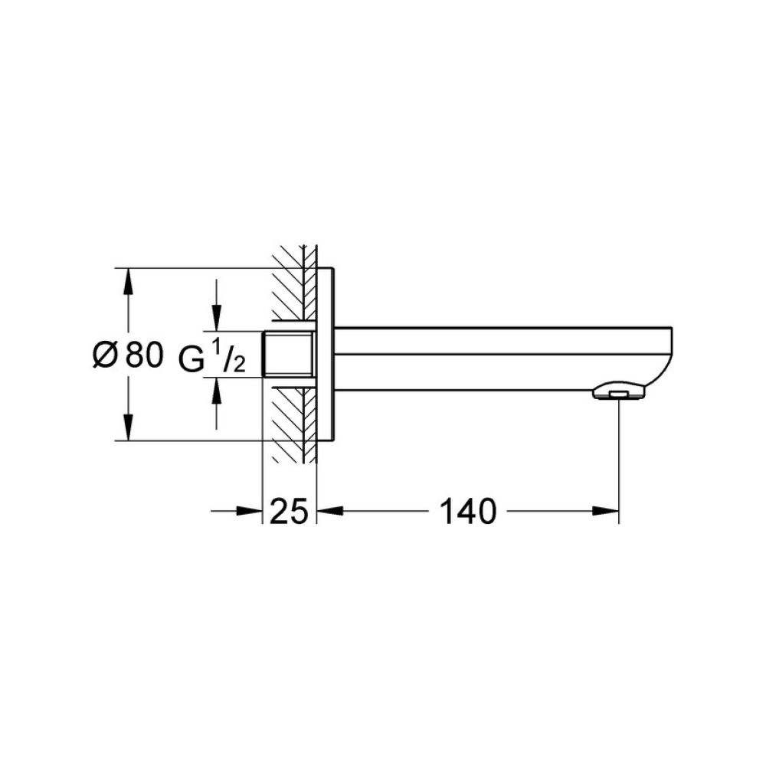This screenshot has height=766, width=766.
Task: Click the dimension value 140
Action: coord(467,510)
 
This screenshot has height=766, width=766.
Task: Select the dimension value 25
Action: coord(290,510)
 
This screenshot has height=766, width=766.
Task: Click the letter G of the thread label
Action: coord(192,358)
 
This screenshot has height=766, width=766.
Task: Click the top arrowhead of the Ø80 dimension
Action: coord(128,280)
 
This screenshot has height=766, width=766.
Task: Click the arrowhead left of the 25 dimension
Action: coord(250,511)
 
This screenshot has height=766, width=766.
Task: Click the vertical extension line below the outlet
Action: coord(618,460)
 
